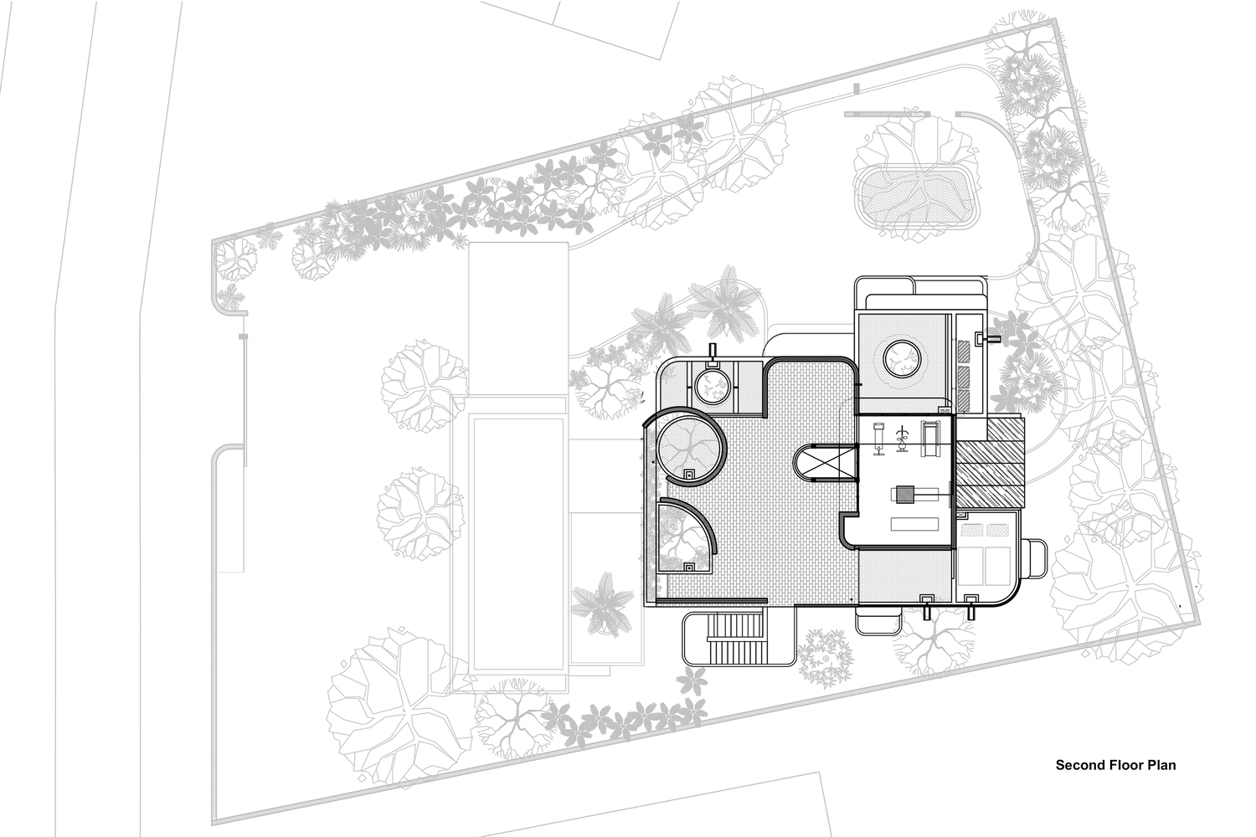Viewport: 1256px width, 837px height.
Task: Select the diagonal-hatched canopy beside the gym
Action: coord(991,461)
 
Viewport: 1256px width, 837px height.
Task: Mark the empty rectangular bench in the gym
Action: coord(914,524)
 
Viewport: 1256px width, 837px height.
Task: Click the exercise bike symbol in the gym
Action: coord(902,438)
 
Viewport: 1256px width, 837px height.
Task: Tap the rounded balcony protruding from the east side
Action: coord(1034,558)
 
